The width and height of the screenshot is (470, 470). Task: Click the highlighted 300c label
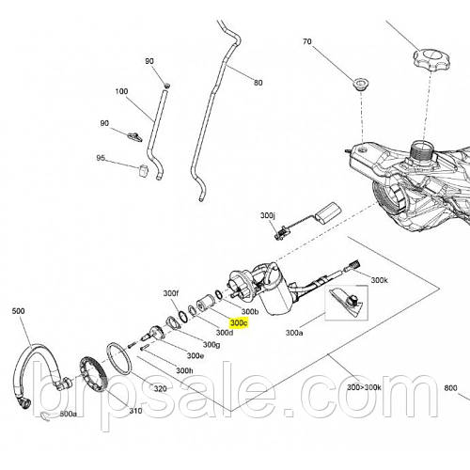click(x=239, y=322)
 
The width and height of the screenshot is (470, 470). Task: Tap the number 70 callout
click(x=307, y=41)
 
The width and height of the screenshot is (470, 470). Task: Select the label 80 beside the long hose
click(x=258, y=83)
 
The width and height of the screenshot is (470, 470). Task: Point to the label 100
click(x=121, y=91)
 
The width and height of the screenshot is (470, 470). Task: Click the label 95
click(x=101, y=158)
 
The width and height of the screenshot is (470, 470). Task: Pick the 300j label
click(x=268, y=215)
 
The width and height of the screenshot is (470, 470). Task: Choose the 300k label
click(x=379, y=280)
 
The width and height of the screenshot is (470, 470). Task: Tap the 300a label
click(x=294, y=333)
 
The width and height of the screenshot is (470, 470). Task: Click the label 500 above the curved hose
click(x=18, y=311)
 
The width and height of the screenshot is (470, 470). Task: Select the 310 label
click(x=135, y=411)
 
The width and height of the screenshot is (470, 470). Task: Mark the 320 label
click(x=160, y=389)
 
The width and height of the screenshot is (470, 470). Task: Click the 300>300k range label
click(x=364, y=387)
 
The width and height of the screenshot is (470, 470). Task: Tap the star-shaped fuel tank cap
click(x=431, y=59)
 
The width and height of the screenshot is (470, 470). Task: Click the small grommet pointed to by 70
click(x=361, y=84)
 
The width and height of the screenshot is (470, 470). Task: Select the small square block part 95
click(x=143, y=170)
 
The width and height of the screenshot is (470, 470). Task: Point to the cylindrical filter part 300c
click(x=205, y=305)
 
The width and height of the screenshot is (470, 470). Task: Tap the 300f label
click(x=171, y=293)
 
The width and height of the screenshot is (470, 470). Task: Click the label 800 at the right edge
click(x=450, y=388)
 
